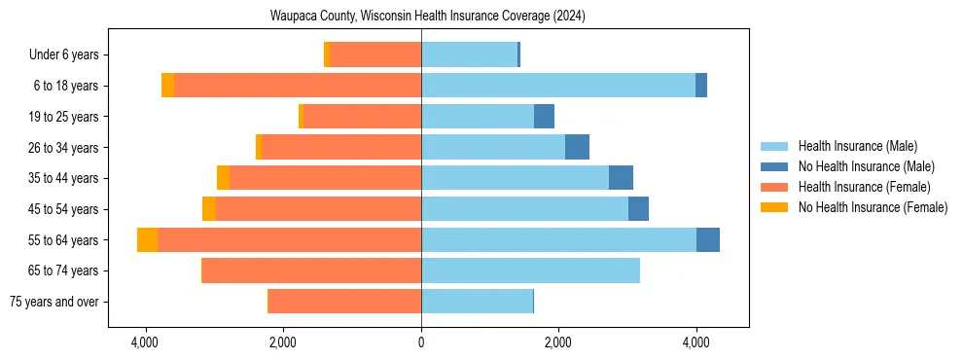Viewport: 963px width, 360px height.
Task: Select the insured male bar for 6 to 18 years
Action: pyautogui.click(x=558, y=86)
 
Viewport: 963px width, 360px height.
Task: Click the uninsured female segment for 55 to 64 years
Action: pyautogui.click(x=147, y=239)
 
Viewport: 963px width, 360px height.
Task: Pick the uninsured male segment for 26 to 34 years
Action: pyautogui.click(x=577, y=147)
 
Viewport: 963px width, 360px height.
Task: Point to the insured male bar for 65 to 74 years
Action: pyautogui.click(x=530, y=270)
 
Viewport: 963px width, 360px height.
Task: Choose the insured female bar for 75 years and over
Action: pyautogui.click(x=344, y=302)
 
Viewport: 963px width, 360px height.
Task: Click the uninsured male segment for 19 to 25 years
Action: pyautogui.click(x=544, y=117)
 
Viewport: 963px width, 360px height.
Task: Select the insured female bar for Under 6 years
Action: pyautogui.click(x=375, y=54)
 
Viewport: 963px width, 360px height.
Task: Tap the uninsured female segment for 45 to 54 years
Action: pyautogui.click(x=209, y=209)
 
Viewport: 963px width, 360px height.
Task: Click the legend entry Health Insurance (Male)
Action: pyautogui.click(x=857, y=146)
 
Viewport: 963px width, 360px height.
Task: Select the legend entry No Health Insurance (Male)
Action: pyautogui.click(x=865, y=166)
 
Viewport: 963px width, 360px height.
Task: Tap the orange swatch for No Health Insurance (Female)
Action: pyautogui.click(x=775, y=207)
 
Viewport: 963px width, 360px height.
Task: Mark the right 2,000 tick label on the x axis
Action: pyautogui.click(x=558, y=342)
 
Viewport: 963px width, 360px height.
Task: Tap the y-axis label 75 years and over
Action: pyautogui.click(x=56, y=302)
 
